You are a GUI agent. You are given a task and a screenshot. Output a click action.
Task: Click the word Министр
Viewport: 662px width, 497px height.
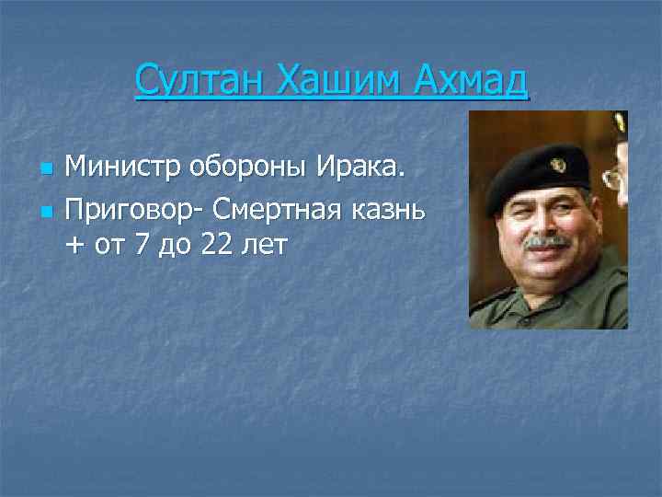(122, 168)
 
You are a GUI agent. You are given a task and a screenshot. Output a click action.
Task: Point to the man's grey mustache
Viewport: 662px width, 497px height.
(547, 241)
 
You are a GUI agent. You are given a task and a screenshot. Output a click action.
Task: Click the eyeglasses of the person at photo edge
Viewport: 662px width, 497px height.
(613, 178)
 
